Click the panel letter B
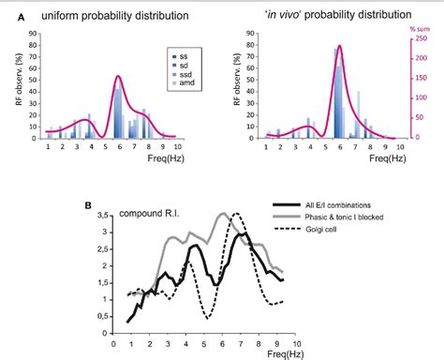click(x=86, y=203)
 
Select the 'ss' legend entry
click(x=183, y=57)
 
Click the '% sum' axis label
click(x=419, y=29)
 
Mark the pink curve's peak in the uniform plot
click(x=118, y=76)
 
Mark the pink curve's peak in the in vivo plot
click(x=340, y=45)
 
